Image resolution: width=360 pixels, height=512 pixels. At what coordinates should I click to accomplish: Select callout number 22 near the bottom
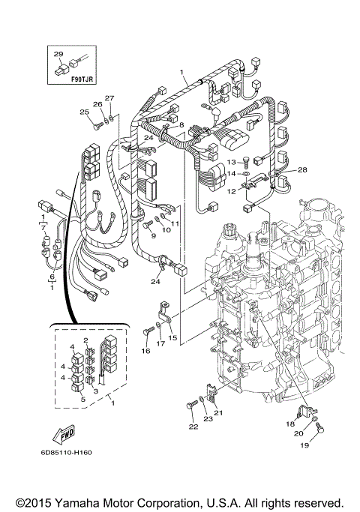[x=193, y=426]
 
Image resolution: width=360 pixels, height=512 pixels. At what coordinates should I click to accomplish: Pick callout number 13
[x=232, y=161]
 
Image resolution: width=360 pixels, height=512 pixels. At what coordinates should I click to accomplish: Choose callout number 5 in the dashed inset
[x=84, y=400]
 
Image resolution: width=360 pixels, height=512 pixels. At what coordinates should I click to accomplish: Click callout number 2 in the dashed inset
[x=86, y=340]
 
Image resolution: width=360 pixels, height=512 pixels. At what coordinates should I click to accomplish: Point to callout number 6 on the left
[x=52, y=277]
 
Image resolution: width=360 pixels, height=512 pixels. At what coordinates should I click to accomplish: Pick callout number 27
[x=109, y=98]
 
